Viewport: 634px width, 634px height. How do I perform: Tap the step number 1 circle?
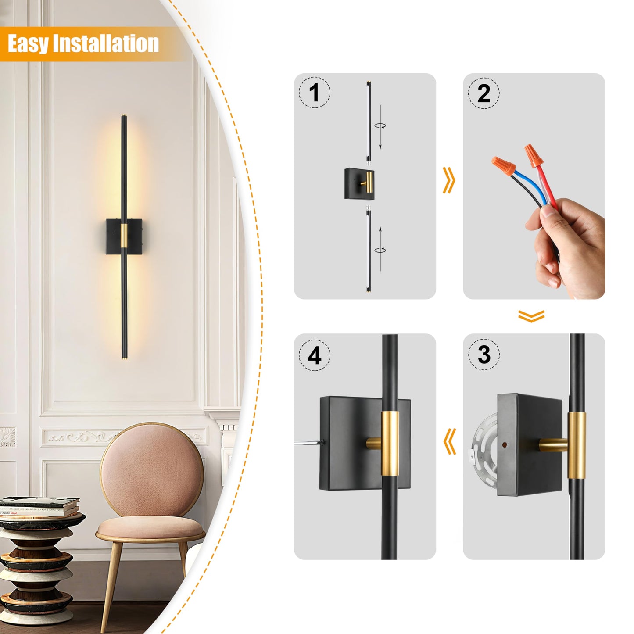pyautogui.click(x=314, y=93)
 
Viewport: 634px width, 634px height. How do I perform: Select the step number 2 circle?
pyautogui.click(x=484, y=93)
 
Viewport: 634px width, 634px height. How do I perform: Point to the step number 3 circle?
pyautogui.click(x=484, y=355)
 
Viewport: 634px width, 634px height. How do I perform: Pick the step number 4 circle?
pyautogui.click(x=314, y=355)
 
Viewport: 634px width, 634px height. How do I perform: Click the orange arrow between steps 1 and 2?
pyautogui.click(x=449, y=180)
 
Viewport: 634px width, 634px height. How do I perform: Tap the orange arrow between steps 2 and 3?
pyautogui.click(x=531, y=316)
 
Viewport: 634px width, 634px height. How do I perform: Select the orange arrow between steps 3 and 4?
pyautogui.click(x=449, y=441)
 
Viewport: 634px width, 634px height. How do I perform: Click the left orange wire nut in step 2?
pyautogui.click(x=504, y=166)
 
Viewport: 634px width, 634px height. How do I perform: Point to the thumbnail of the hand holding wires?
pyautogui.click(x=534, y=186)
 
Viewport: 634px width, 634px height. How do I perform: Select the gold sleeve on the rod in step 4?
pyautogui.click(x=390, y=444)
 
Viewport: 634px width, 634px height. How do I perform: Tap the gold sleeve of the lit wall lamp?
pyautogui.click(x=124, y=236)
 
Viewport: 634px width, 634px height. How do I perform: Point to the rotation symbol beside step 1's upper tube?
pyautogui.click(x=380, y=125)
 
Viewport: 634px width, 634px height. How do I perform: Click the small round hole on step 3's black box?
pyautogui.click(x=504, y=444)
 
